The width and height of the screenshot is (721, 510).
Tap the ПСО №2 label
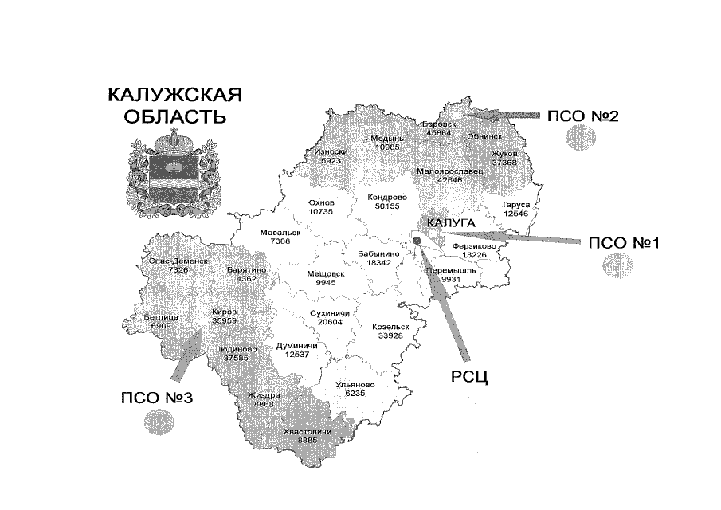[583, 116]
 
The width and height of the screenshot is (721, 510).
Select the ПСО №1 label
[623, 243]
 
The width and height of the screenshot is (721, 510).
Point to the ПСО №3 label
[157, 398]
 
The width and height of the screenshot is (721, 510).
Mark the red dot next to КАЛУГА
[417, 238]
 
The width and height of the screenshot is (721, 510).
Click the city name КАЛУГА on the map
[451, 223]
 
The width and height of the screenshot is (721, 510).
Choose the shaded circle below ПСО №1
[617, 264]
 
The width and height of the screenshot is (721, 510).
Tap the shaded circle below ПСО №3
[156, 420]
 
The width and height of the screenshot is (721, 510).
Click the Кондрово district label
[388, 197]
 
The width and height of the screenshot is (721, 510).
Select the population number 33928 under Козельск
[390, 335]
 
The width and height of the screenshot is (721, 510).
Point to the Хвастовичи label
[307, 431]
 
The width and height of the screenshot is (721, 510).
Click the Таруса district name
[516, 204]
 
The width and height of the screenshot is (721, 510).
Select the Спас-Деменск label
[178, 261]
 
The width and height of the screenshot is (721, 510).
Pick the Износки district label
[331, 151]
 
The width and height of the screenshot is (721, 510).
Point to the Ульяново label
[355, 384]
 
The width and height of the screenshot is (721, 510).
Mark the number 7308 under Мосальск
[280, 241]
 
